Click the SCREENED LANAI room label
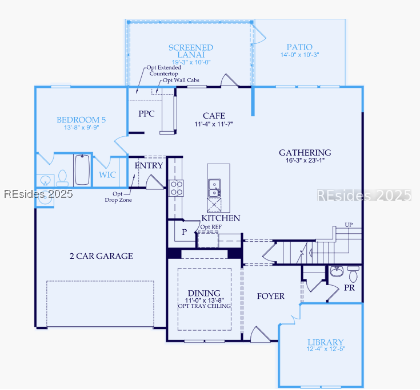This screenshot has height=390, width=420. (191, 51)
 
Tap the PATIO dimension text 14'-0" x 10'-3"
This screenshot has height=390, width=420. (299, 55)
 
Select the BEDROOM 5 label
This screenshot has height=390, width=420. (81, 120)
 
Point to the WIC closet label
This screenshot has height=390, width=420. (108, 175)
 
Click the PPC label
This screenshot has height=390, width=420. (146, 114)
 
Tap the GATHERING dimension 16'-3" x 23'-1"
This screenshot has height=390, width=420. (305, 161)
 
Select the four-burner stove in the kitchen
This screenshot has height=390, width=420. (176, 188)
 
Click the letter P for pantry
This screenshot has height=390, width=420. (184, 232)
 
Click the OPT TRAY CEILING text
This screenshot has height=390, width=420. (204, 306)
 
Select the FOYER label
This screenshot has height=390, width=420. (270, 296)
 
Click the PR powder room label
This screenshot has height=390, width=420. (349, 288)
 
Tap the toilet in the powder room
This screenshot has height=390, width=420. (353, 274)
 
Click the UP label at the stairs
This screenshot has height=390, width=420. (349, 225)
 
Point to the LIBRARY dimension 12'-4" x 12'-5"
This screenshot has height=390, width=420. (326, 348)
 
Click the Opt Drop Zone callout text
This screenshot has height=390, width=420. (119, 197)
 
